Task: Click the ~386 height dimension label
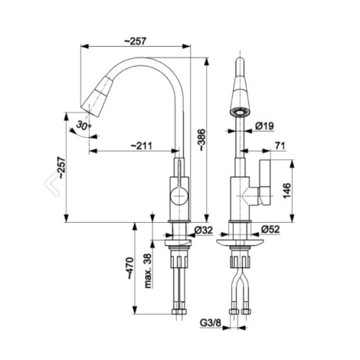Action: [201, 139]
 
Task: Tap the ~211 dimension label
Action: [142, 146]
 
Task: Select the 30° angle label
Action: [84, 126]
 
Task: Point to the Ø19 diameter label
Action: [264, 126]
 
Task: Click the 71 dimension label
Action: [280, 146]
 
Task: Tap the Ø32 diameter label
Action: [203, 230]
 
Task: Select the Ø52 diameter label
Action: [270, 229]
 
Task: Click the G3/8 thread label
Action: [210, 322]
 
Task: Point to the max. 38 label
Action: [148, 270]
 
